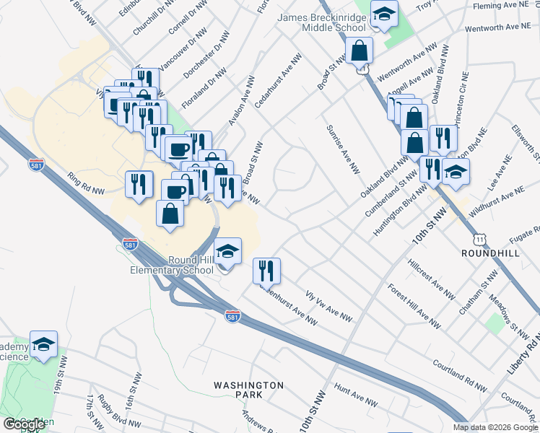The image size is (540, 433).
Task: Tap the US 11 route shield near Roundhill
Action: (479, 238)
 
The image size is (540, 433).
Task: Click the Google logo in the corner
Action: (24, 424)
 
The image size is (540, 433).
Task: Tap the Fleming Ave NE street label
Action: (505, 6)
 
